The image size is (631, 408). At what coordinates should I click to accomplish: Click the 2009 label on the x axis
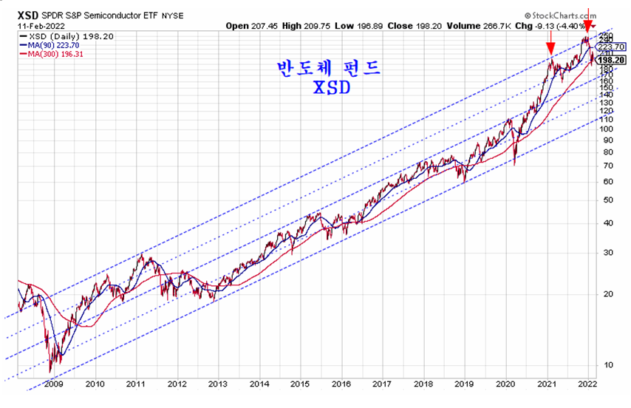[52, 384]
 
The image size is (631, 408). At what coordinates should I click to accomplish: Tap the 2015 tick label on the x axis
[299, 384]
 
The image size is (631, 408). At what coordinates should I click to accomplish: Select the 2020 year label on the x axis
[505, 384]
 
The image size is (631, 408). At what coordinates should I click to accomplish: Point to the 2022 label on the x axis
[587, 384]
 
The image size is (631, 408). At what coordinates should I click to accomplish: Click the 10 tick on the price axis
[607, 364]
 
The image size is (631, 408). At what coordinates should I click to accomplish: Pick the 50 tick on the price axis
[607, 200]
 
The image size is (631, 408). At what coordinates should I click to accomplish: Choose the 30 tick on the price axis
[607, 252]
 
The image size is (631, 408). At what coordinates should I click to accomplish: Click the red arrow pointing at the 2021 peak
[550, 48]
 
